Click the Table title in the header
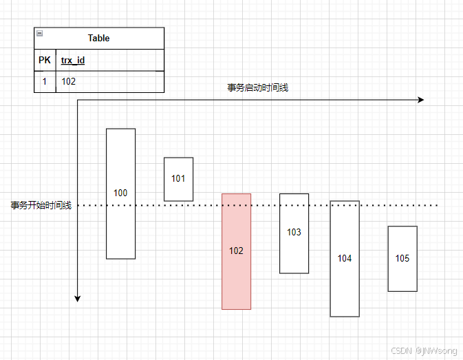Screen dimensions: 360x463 pos(98,39)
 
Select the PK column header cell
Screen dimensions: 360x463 pos(45,60)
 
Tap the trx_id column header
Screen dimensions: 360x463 pos(73,61)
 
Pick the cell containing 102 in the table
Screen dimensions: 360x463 pos(69,81)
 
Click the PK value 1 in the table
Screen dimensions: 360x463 pos(45,81)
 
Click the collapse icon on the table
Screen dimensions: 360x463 pos(39,33)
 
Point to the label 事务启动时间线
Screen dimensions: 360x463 pos(258,87)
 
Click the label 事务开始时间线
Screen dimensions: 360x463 pos(41,205)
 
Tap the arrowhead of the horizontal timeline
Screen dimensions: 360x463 pos(420,100)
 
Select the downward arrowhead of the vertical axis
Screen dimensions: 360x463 pos(78,298)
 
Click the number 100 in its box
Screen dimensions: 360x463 pos(120,193)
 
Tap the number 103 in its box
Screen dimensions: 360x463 pos(294,233)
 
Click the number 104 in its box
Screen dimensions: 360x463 pos(345,259)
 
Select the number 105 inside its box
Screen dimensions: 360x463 pos(402,259)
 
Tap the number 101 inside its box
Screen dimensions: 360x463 pos(178,178)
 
